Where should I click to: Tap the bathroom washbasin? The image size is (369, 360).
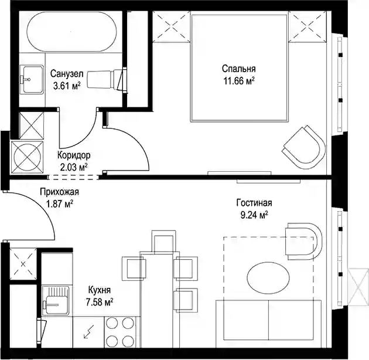(32, 79)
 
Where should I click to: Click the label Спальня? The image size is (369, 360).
(238, 69)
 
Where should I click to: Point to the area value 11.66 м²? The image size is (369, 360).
(239, 81)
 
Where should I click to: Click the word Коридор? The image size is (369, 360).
(74, 155)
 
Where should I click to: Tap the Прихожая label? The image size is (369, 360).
(59, 192)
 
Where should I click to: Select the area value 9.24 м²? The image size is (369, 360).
(254, 215)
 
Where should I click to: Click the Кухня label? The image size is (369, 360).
(100, 290)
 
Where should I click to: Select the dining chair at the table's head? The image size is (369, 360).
(164, 242)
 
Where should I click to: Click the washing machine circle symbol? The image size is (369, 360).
(28, 157)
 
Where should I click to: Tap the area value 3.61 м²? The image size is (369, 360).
(67, 86)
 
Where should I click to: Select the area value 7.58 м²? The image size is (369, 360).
(100, 302)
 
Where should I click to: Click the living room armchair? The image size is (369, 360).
(304, 241)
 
